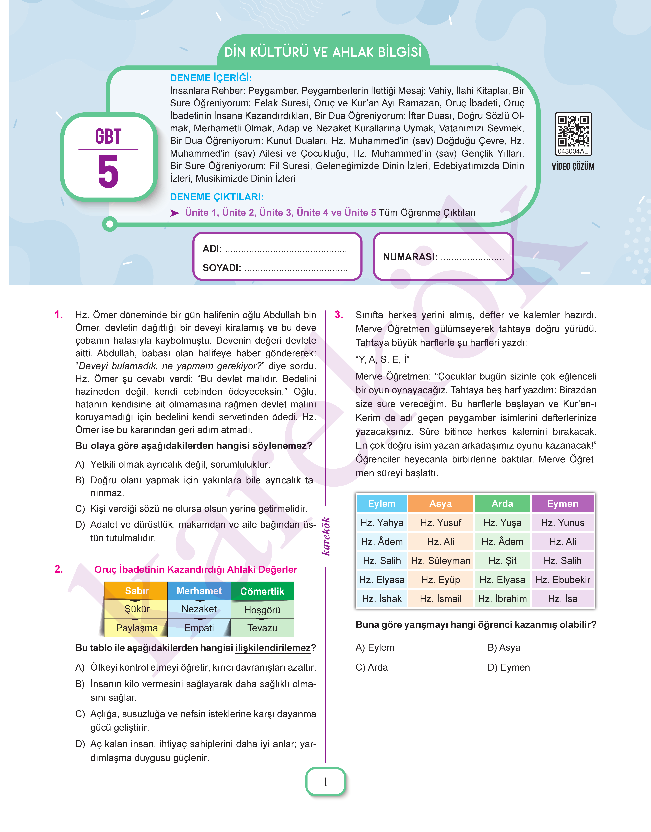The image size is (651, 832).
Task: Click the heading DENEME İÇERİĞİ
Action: click(x=211, y=78)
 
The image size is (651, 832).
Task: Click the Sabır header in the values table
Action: click(x=136, y=591)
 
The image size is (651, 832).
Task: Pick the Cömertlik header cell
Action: click(x=262, y=591)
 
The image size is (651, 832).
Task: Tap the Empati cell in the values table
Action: click(x=199, y=628)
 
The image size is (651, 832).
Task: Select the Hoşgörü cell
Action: click(x=262, y=610)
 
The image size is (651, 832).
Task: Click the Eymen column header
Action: click(x=563, y=503)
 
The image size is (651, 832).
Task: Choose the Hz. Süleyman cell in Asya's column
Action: click(x=441, y=561)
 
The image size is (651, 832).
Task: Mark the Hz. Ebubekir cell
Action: click(x=563, y=580)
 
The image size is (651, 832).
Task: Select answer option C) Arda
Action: click(x=372, y=667)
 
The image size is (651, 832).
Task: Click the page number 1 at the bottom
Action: click(x=325, y=782)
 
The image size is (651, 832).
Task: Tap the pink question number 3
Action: click(x=339, y=315)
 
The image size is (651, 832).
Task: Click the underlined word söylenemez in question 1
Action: click(x=279, y=445)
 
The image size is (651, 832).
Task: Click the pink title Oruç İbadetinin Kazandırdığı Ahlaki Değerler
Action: click(x=195, y=569)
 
